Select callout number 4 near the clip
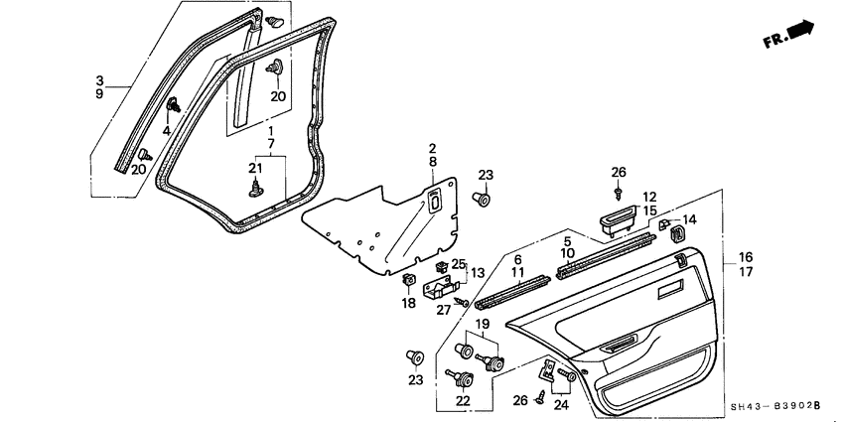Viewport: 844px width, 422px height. (x=166, y=129)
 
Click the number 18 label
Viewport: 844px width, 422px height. (x=407, y=304)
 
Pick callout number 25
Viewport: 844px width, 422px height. (x=458, y=263)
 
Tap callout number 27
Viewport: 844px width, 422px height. (x=444, y=310)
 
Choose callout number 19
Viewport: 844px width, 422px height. (x=482, y=325)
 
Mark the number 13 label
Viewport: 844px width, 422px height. (x=478, y=273)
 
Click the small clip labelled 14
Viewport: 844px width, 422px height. (x=665, y=225)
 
